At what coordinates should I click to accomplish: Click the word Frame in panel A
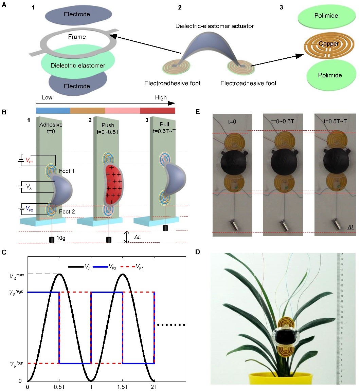pos(77,37)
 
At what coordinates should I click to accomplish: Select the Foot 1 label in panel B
pos(67,171)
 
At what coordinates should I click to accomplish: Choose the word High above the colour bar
pos(161,98)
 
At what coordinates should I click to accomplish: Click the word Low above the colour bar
pos(47,98)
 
